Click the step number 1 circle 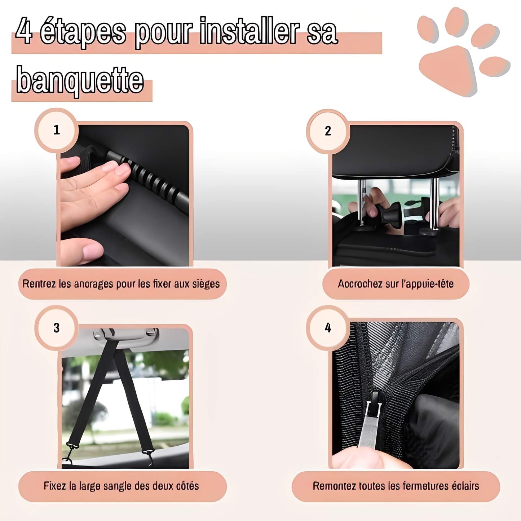coord(56,130)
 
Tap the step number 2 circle coord(328,131)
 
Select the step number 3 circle coord(56,328)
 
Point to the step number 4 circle coord(328,328)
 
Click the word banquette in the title coord(80,80)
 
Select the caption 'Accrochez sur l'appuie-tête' coord(396,284)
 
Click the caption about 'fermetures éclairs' coord(396,486)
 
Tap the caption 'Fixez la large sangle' coord(122,486)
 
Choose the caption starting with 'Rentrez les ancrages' coord(121,284)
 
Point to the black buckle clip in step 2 coord(390,215)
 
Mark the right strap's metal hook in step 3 coord(148,452)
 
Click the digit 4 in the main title coord(24,32)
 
